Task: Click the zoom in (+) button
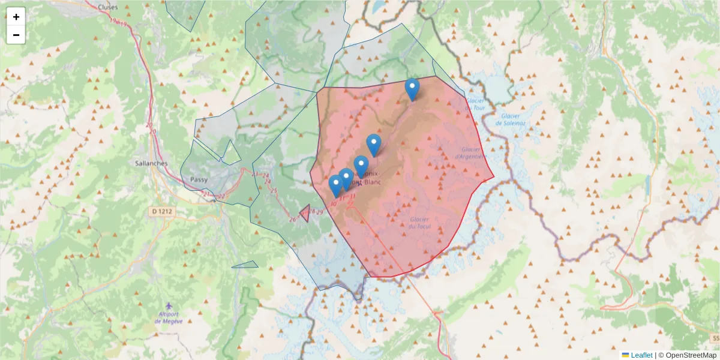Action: click(16, 17)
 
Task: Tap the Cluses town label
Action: click(107, 7)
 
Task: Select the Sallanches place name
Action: click(151, 163)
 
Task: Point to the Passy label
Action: click(199, 179)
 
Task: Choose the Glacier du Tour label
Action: click(475, 104)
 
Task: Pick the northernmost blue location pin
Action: click(412, 89)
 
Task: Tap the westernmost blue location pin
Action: click(336, 185)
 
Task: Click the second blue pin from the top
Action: click(374, 145)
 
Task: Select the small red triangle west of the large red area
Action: click(305, 213)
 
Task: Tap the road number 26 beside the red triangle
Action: click(293, 220)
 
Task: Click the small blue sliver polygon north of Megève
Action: click(246, 265)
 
